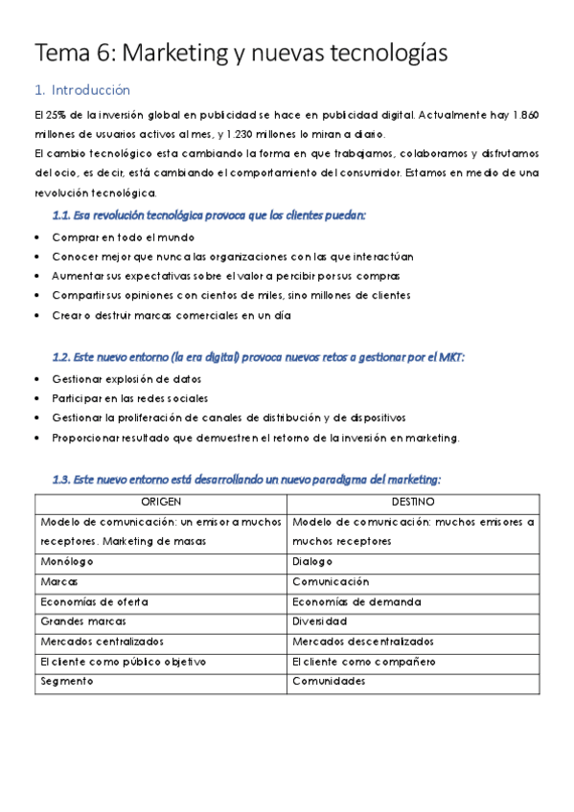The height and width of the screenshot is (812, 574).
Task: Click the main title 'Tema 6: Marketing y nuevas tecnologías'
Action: point(241,54)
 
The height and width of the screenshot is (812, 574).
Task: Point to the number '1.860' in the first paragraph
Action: point(522,115)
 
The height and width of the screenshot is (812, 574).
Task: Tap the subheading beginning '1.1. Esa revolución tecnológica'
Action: point(209,215)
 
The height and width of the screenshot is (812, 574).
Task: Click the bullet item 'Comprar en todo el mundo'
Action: point(124,237)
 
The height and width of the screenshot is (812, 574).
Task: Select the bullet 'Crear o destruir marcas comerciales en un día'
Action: point(172,314)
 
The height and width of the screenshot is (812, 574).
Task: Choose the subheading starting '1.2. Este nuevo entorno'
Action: point(258,357)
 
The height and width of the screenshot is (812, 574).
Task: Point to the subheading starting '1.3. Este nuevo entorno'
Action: point(246,479)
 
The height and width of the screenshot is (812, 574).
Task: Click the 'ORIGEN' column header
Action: point(161,502)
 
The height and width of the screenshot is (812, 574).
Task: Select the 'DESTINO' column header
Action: point(413,502)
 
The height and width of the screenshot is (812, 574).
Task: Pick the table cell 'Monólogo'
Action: point(67,561)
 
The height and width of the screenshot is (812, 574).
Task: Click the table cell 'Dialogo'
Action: point(313,561)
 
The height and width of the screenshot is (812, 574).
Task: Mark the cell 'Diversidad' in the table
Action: point(321,621)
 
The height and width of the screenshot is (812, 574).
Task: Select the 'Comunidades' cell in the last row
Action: point(329,682)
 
